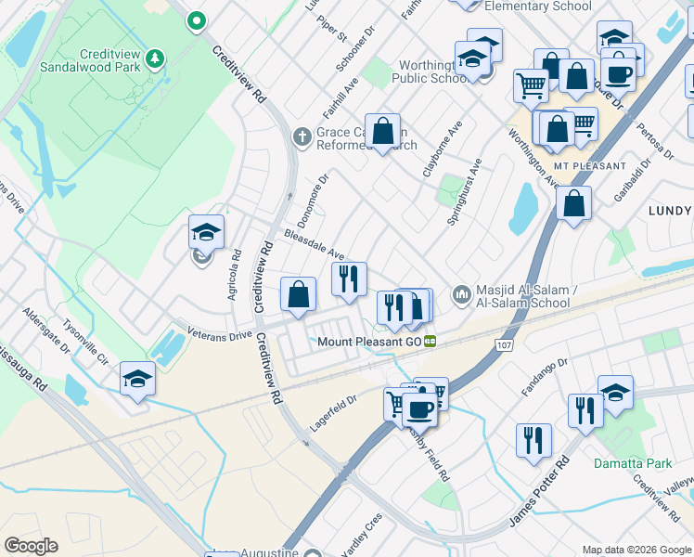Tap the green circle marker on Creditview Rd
pyautogui.click(x=196, y=19)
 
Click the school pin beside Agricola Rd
pyautogui.click(x=206, y=233)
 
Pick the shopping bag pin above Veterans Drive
pyautogui.click(x=298, y=294)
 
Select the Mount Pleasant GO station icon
pyautogui.click(x=431, y=342)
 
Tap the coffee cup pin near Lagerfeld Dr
pyautogui.click(x=418, y=408)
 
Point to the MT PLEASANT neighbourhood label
pyautogui.click(x=585, y=166)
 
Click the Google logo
pyautogui.click(x=31, y=546)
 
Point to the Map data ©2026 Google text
pyautogui.click(x=636, y=550)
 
